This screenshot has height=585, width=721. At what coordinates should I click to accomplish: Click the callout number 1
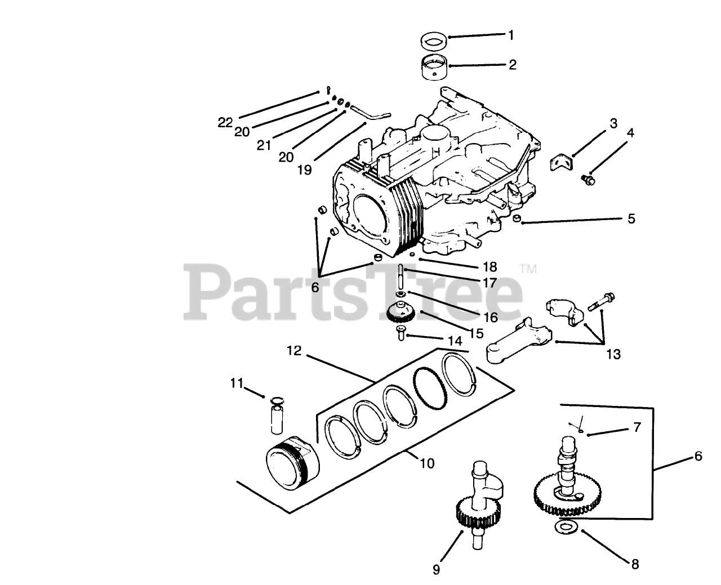(511, 35)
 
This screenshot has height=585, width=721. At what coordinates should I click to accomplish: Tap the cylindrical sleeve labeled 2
(435, 69)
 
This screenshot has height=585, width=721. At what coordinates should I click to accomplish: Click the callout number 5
(631, 218)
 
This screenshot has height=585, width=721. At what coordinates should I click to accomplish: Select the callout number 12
(293, 351)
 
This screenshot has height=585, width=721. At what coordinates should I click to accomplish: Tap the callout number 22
(225, 122)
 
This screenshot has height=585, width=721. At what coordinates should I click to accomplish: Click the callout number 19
(305, 169)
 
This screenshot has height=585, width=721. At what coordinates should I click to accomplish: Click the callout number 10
(426, 463)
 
